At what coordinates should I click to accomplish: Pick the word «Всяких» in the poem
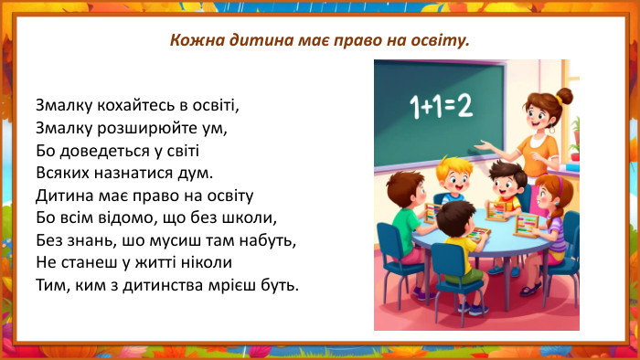pos(62,172)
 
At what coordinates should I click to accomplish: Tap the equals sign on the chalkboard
pos(445,109)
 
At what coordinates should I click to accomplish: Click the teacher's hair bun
pos(564,95)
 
